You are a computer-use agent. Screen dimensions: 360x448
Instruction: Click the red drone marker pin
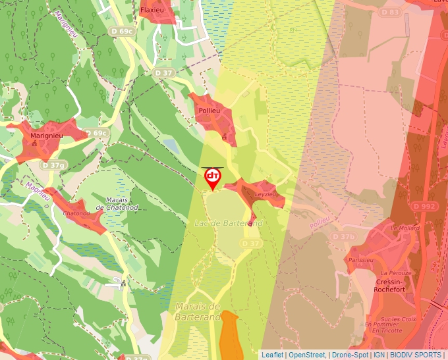tap(212, 178)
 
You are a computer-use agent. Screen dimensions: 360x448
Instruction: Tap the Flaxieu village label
tap(155, 11)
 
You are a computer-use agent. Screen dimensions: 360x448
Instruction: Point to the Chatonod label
tap(76, 213)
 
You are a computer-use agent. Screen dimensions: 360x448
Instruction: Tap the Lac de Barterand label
tap(229, 224)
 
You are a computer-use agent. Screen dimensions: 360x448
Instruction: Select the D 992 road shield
tap(425, 206)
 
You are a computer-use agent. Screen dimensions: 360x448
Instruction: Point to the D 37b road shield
tap(343, 236)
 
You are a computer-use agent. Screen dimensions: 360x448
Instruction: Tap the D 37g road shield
tap(53, 165)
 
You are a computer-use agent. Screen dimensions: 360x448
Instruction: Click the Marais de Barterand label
tap(197, 311)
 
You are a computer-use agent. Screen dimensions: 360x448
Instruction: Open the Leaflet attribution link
tap(272, 355)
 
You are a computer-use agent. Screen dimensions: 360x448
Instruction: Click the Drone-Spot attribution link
tap(350, 355)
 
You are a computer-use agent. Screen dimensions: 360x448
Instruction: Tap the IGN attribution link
tap(379, 355)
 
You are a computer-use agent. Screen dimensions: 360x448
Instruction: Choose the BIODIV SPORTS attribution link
tap(416, 355)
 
